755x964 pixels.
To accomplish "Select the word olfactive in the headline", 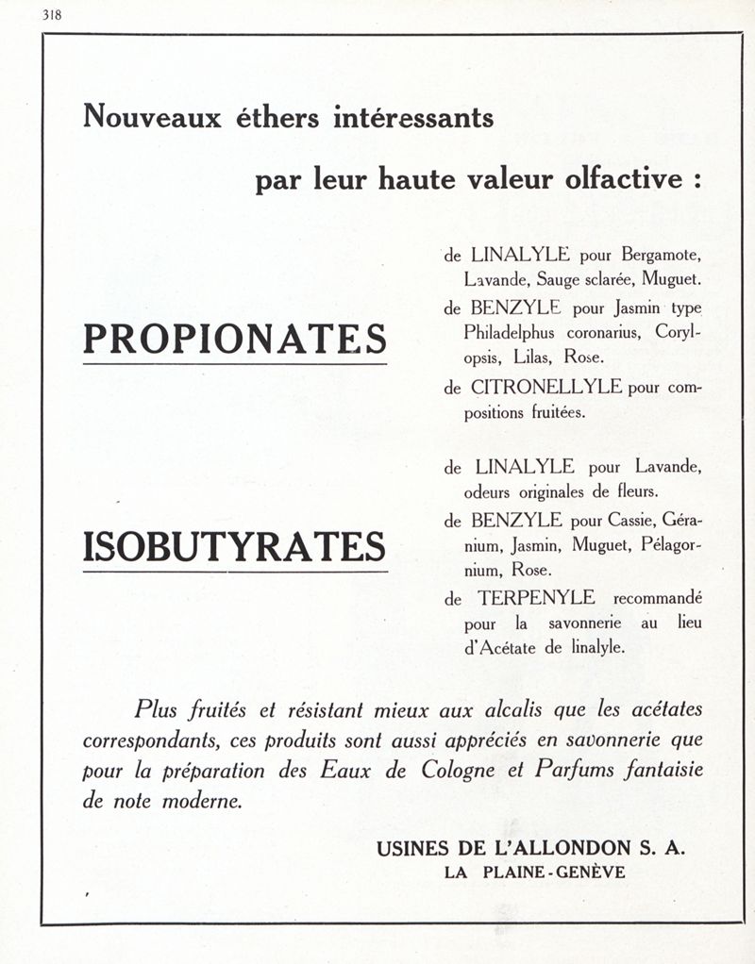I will [x=622, y=179].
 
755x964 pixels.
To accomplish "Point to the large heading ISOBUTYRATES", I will [x=235, y=548].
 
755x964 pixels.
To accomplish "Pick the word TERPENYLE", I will [x=536, y=598].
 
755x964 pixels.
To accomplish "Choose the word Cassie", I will [x=631, y=520].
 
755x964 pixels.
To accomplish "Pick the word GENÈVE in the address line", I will [x=590, y=873].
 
